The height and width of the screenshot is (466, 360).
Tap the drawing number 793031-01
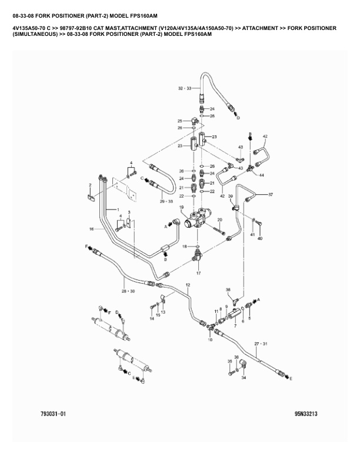[x=54, y=415]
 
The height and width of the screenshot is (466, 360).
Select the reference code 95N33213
[x=306, y=415]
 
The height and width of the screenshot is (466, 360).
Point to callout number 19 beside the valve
[x=182, y=208]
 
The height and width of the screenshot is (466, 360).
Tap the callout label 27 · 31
[x=261, y=344]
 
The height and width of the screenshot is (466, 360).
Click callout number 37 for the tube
[x=271, y=194]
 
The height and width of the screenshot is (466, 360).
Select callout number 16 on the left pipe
[x=92, y=228]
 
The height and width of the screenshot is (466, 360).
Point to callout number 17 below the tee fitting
[x=198, y=273]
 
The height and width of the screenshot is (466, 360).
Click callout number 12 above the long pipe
[x=188, y=285]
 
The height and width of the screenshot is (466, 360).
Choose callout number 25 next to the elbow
[x=180, y=121]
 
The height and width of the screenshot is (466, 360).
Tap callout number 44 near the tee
[x=261, y=175]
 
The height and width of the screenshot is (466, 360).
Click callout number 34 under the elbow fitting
[x=243, y=378]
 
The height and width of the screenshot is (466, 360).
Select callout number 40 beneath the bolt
[x=259, y=238]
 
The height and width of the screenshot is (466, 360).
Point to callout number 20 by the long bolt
[x=219, y=220]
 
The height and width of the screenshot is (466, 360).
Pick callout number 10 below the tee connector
[x=210, y=341]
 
